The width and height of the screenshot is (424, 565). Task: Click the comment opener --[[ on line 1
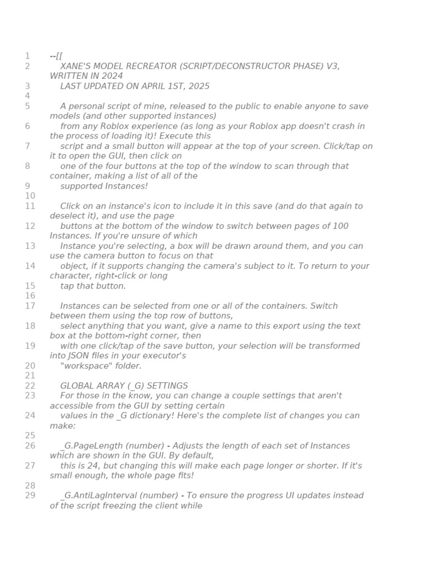pos(56,56)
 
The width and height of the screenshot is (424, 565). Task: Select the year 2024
pos(113,76)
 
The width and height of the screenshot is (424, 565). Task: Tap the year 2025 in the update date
pos(198,86)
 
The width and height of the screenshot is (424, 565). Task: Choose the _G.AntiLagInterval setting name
pos(99,495)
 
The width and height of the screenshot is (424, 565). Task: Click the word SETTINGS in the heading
pos(168,386)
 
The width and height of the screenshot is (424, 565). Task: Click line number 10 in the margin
pos(29,196)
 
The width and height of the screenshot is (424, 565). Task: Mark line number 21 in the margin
pos(29,376)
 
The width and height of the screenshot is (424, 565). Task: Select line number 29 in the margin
pos(29,495)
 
